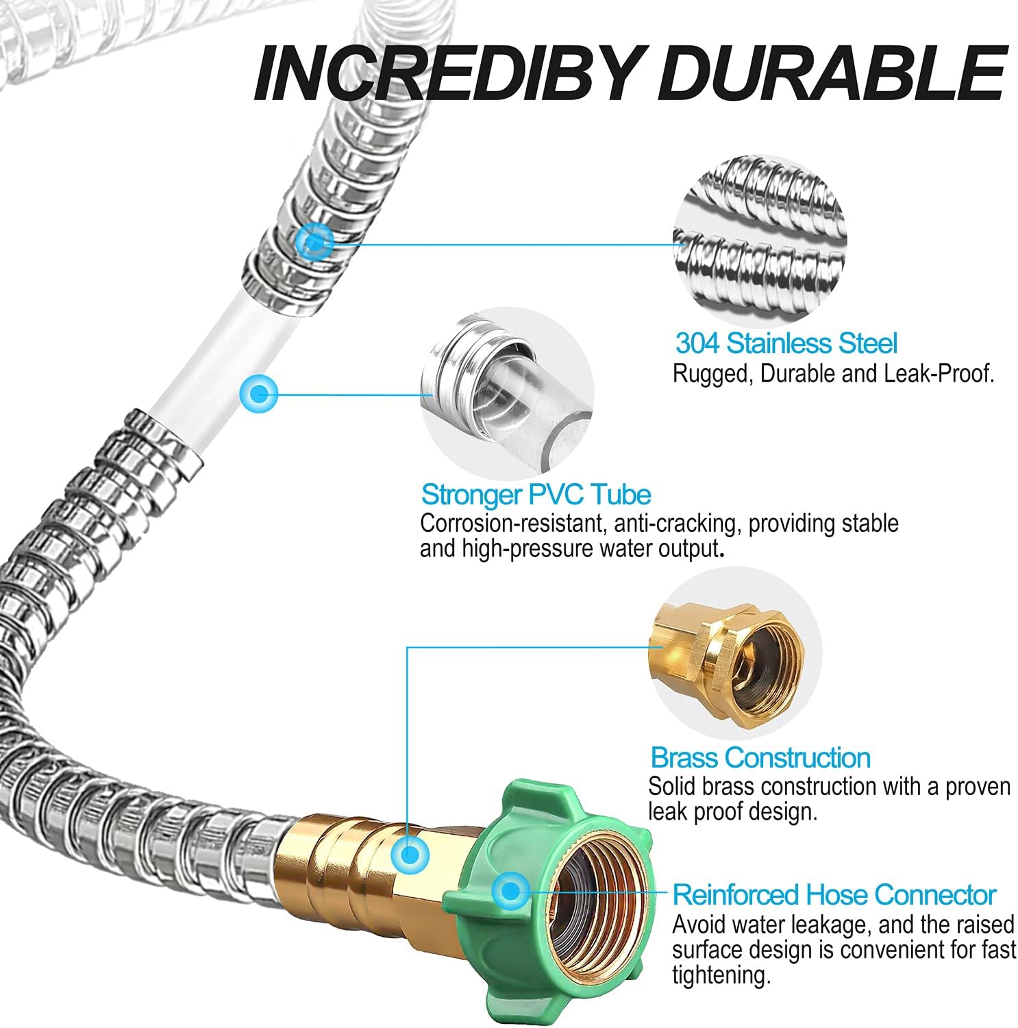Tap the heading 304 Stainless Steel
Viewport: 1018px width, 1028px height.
786,343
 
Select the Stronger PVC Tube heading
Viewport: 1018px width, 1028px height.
535,494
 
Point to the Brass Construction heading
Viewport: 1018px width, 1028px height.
760,757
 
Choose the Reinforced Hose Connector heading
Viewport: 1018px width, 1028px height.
834,895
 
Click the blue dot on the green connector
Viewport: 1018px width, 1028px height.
509,891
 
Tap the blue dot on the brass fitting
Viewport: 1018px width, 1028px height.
410,854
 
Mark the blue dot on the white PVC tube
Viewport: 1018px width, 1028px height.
259,394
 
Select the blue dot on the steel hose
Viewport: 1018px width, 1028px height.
314,241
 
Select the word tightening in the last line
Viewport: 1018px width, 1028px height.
717,975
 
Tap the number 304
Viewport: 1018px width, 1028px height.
697,343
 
